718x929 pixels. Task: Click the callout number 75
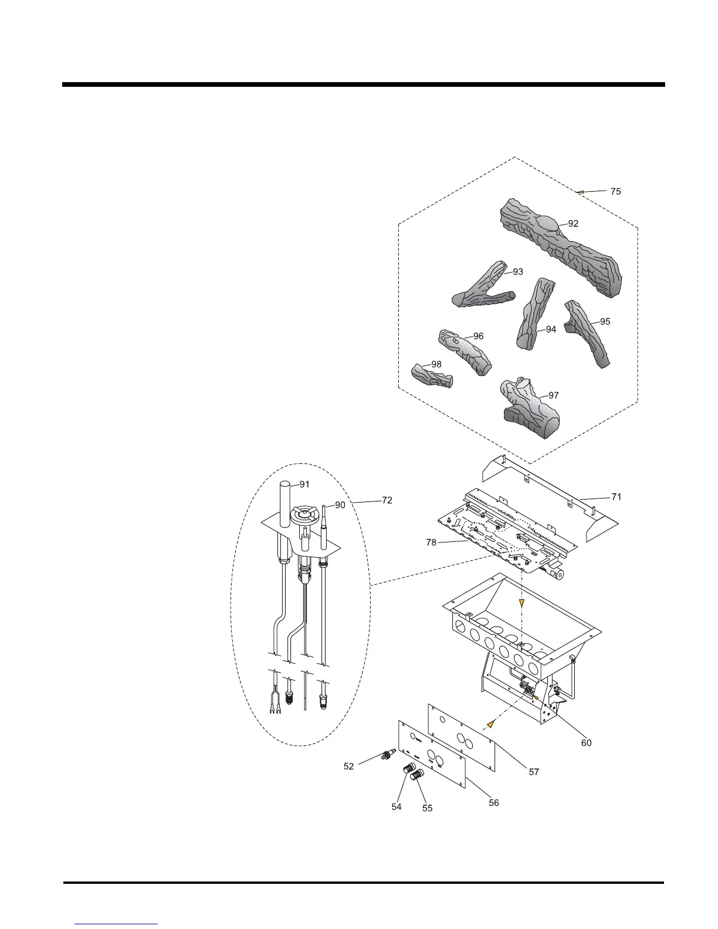point(615,191)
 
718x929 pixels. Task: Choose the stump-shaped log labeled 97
point(528,408)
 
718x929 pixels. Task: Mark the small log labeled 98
point(431,376)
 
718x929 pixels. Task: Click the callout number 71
point(616,497)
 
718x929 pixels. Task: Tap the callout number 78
point(431,543)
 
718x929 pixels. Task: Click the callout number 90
point(340,505)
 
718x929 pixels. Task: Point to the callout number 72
point(387,500)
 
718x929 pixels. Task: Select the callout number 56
point(494,802)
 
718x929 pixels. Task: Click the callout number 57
point(534,772)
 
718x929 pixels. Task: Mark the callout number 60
point(586,742)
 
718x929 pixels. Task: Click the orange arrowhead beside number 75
point(580,191)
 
